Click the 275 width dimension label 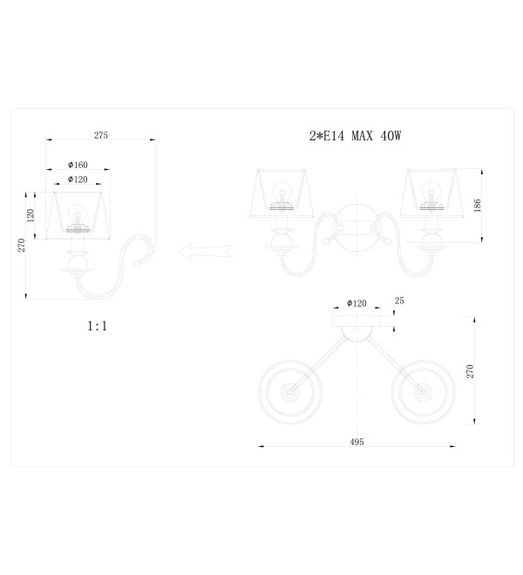pyautogui.click(x=101, y=135)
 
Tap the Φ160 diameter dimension pyautogui.click(x=78, y=165)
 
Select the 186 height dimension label pyautogui.click(x=477, y=206)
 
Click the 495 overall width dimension pyautogui.click(x=357, y=442)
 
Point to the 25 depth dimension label pyautogui.click(x=399, y=301)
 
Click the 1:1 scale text pyautogui.click(x=98, y=326)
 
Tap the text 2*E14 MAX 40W pyautogui.click(x=356, y=136)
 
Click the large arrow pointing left pyautogui.click(x=206, y=252)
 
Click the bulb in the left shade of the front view pyautogui.click(x=282, y=193)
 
